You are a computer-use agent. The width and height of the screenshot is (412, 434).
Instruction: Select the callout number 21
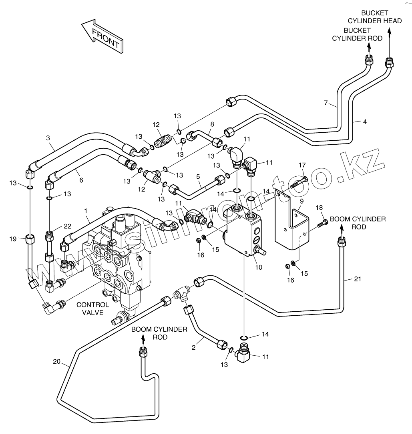click(358, 279)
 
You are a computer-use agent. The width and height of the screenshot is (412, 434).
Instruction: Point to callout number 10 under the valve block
click(259, 267)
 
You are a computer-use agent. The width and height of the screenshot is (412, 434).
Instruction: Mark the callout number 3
click(48, 138)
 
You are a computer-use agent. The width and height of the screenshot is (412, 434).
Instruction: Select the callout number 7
click(326, 103)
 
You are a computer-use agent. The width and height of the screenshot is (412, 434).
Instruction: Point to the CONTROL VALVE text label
click(93, 309)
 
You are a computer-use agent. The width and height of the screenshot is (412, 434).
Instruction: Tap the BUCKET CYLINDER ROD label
click(357, 34)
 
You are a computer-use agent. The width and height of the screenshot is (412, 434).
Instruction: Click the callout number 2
click(194, 347)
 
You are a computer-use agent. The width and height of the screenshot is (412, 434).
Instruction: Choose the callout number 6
click(81, 180)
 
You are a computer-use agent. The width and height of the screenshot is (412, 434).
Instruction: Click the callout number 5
click(198, 176)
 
